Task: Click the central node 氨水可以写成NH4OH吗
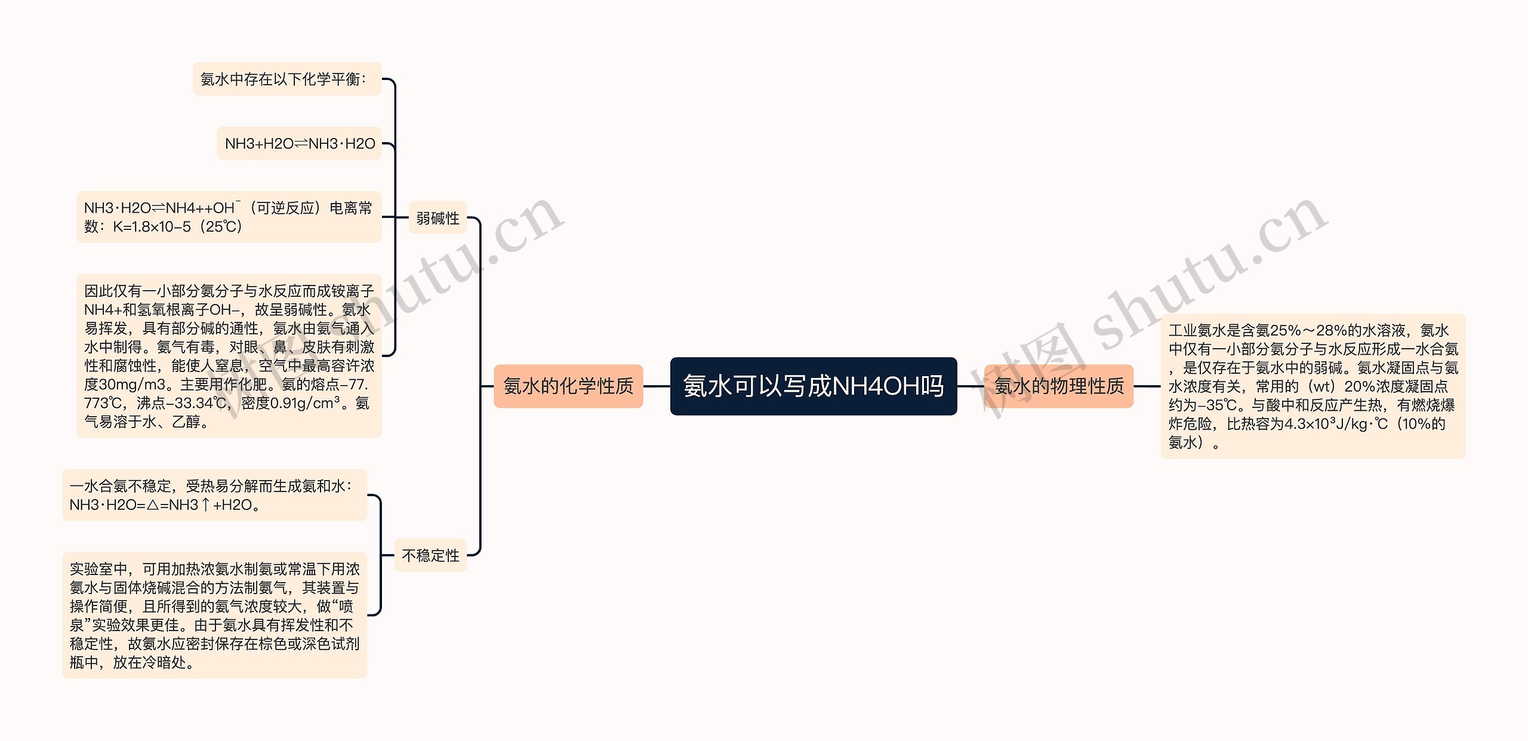pyautogui.click(x=813, y=386)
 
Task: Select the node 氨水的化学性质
pyautogui.click(x=568, y=386)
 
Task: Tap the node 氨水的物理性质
pyautogui.click(x=1058, y=386)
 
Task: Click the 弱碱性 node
pyautogui.click(x=438, y=218)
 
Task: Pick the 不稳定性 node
pyautogui.click(x=430, y=555)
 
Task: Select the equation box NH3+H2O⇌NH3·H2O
pyautogui.click(x=299, y=143)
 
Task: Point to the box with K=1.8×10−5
pyautogui.click(x=229, y=217)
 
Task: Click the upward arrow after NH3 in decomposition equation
pyautogui.click(x=205, y=505)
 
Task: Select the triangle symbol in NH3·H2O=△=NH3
pyautogui.click(x=153, y=505)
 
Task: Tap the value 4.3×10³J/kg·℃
pyautogui.click(x=1336, y=424)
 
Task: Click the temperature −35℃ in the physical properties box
pyautogui.click(x=1217, y=405)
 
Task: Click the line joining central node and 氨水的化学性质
pyautogui.click(x=657, y=386)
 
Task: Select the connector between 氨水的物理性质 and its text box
pyautogui.click(x=1147, y=386)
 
